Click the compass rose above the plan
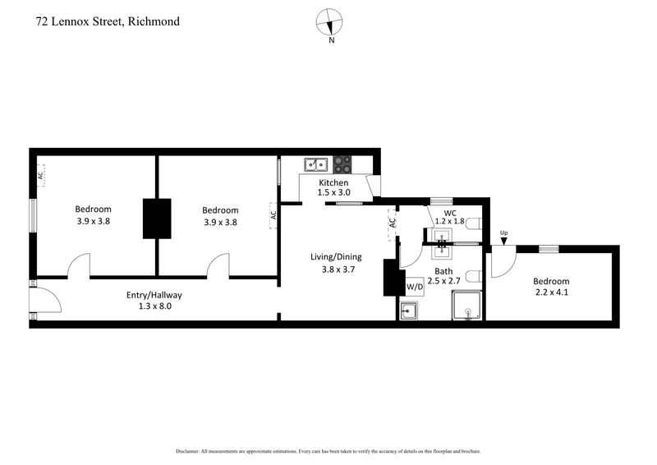coord(331,21)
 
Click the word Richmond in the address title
coord(151,21)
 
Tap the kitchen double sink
coord(315,163)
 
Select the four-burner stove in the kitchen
coord(342,163)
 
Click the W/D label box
coord(415,287)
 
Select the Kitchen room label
coord(333,182)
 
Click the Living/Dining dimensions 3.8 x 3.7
coord(335,269)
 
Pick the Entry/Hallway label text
coord(154,295)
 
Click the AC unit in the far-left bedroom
coord(39,175)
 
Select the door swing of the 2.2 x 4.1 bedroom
coord(502,263)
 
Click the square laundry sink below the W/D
coord(410,311)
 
